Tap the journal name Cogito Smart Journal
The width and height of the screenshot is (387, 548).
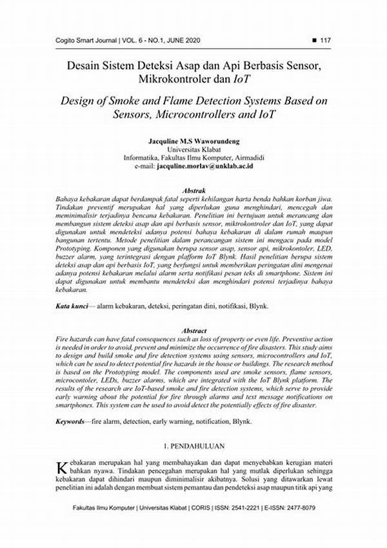(x=82, y=41)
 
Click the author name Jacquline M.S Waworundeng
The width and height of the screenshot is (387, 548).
(x=193, y=140)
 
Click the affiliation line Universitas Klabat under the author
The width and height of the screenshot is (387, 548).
(x=193, y=149)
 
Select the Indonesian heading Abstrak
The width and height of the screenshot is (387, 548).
(x=194, y=191)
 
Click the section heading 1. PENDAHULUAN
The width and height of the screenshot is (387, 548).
(x=193, y=447)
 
